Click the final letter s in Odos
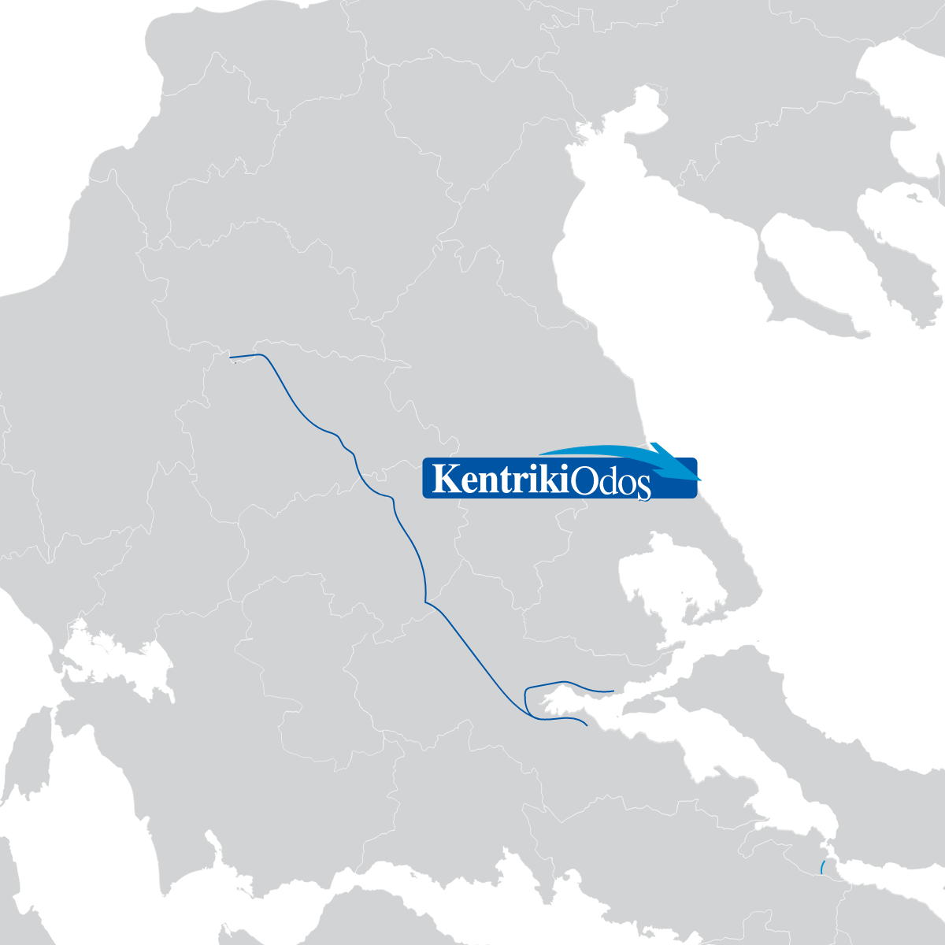643,485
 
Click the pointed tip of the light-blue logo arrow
699,480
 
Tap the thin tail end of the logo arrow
540,453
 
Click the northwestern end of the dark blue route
230,358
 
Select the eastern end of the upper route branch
613,691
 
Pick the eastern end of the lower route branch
587,725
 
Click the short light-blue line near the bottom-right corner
821,868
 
